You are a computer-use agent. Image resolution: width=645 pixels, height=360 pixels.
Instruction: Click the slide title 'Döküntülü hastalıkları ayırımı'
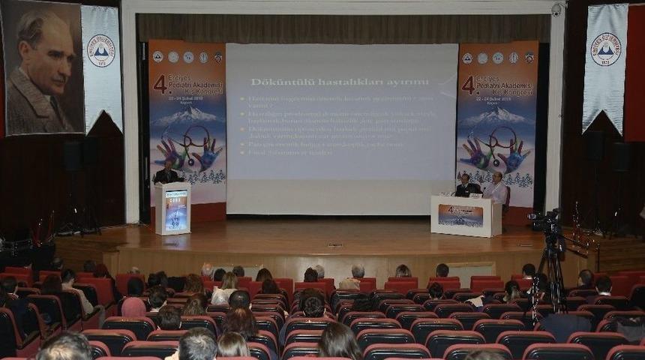pos(340,82)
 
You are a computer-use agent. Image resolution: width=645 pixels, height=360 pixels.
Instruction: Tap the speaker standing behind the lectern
pos(166,175)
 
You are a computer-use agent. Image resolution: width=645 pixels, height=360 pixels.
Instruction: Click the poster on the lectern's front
pos(175,209)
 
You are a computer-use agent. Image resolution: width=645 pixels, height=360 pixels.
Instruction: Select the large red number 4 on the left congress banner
pos(160,83)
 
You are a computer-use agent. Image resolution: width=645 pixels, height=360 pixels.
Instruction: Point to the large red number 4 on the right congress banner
pos(468,84)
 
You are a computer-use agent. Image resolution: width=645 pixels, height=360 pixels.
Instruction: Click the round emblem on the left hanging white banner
pos(101,50)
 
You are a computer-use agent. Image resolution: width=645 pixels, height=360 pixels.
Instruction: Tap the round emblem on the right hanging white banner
pos(605,49)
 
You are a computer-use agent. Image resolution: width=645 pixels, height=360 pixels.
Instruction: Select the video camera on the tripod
pos(545,220)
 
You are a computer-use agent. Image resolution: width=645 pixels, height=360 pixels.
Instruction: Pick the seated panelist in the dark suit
pos(466,186)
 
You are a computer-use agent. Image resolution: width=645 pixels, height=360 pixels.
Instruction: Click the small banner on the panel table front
pos(460,215)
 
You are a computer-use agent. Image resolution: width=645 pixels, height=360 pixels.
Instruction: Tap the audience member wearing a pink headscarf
pos(133,307)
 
